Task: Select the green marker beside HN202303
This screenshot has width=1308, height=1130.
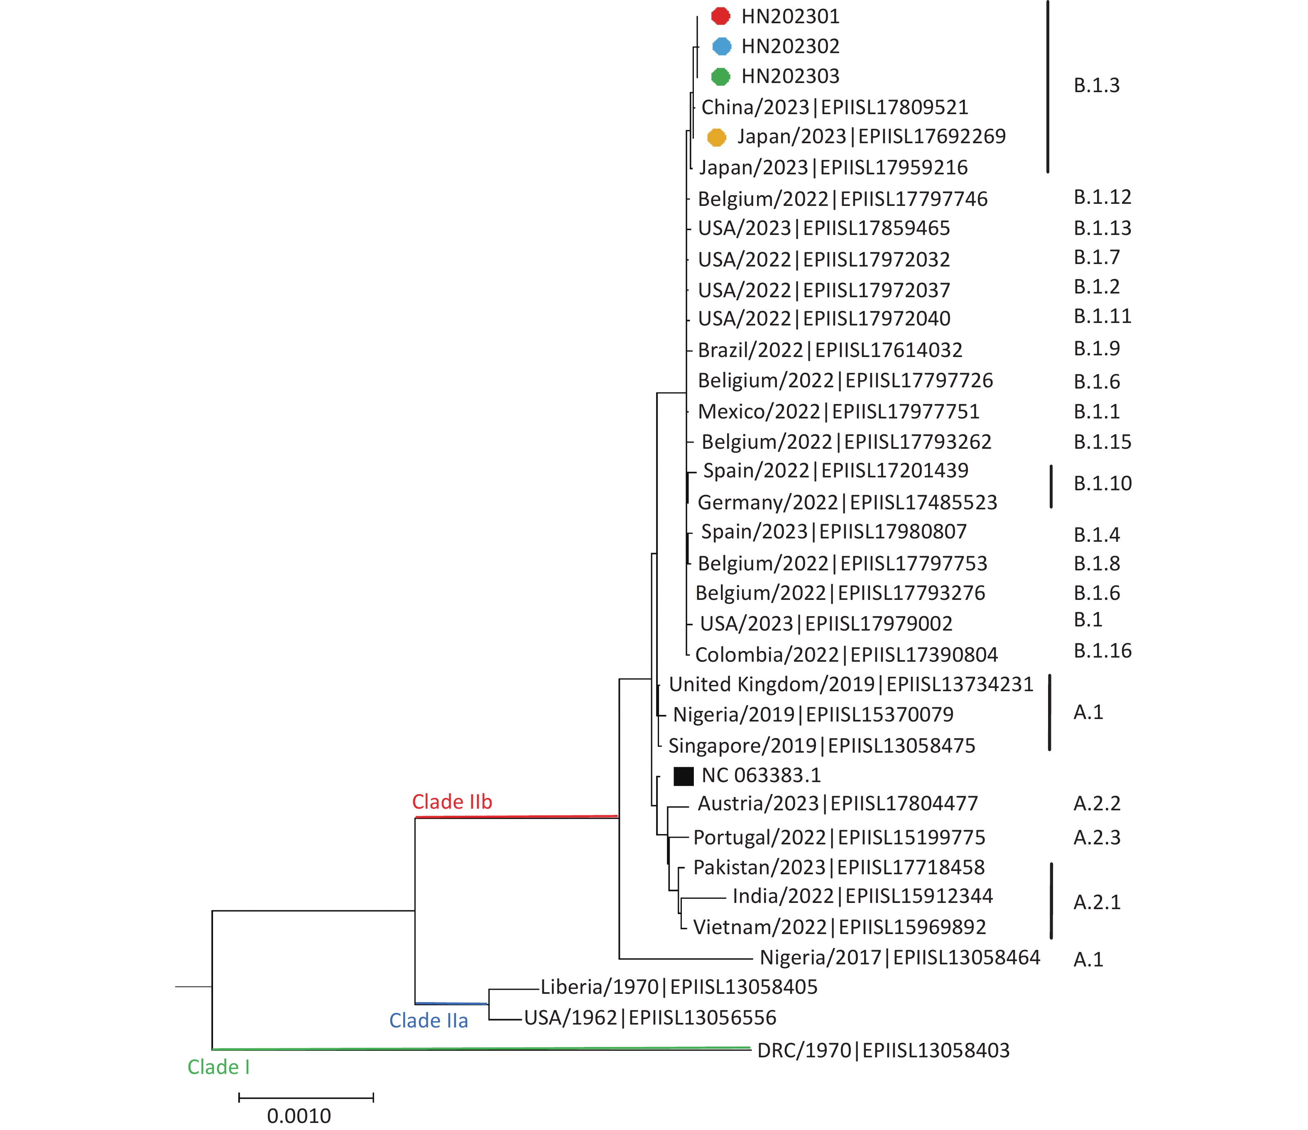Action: click(x=720, y=76)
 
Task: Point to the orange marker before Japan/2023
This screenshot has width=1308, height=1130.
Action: click(x=717, y=137)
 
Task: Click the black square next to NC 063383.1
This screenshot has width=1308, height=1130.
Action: click(x=683, y=776)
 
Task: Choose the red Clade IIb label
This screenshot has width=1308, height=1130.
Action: click(x=452, y=802)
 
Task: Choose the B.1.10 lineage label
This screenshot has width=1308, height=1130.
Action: click(x=1103, y=484)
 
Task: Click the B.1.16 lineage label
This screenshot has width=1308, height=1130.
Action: click(x=1103, y=651)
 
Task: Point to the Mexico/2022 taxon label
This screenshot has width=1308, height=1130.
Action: click(x=838, y=411)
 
